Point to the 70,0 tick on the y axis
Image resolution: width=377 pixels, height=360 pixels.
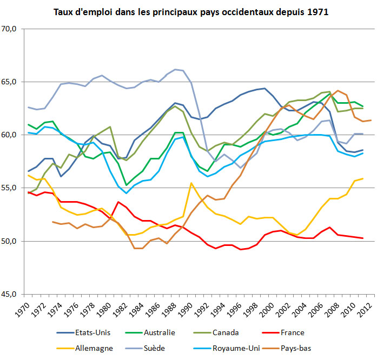[x=11, y=29]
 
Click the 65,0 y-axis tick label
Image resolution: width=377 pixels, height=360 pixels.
[x=11, y=82]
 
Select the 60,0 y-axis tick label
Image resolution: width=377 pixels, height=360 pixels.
[x=11, y=135]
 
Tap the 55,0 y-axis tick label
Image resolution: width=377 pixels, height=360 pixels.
[x=11, y=188]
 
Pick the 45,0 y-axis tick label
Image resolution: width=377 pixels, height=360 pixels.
[x=11, y=295]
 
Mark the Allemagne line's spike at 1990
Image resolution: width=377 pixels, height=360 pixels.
[x=191, y=183]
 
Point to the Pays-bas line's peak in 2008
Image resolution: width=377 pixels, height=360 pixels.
[x=338, y=91]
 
